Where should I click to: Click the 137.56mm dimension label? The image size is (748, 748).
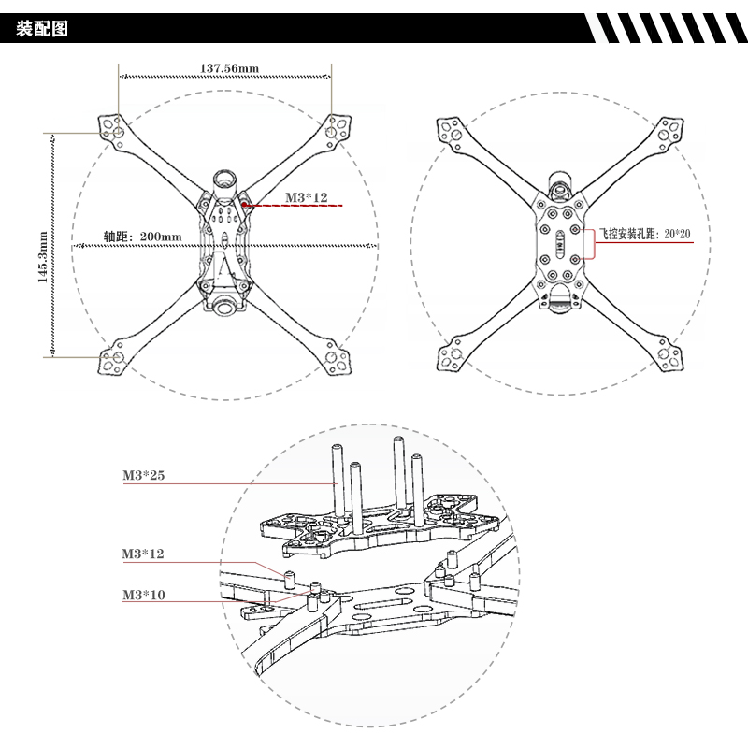coord(229,67)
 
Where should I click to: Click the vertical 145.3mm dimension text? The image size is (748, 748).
coord(43,246)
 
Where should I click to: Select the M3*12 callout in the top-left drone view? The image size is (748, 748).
coord(308,196)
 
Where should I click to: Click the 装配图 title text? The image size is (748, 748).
coord(43,28)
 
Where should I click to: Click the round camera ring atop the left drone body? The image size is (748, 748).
coord(224,178)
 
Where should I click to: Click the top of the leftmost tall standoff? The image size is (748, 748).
coord(334,449)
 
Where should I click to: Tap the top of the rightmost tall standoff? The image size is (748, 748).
coord(417,457)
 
